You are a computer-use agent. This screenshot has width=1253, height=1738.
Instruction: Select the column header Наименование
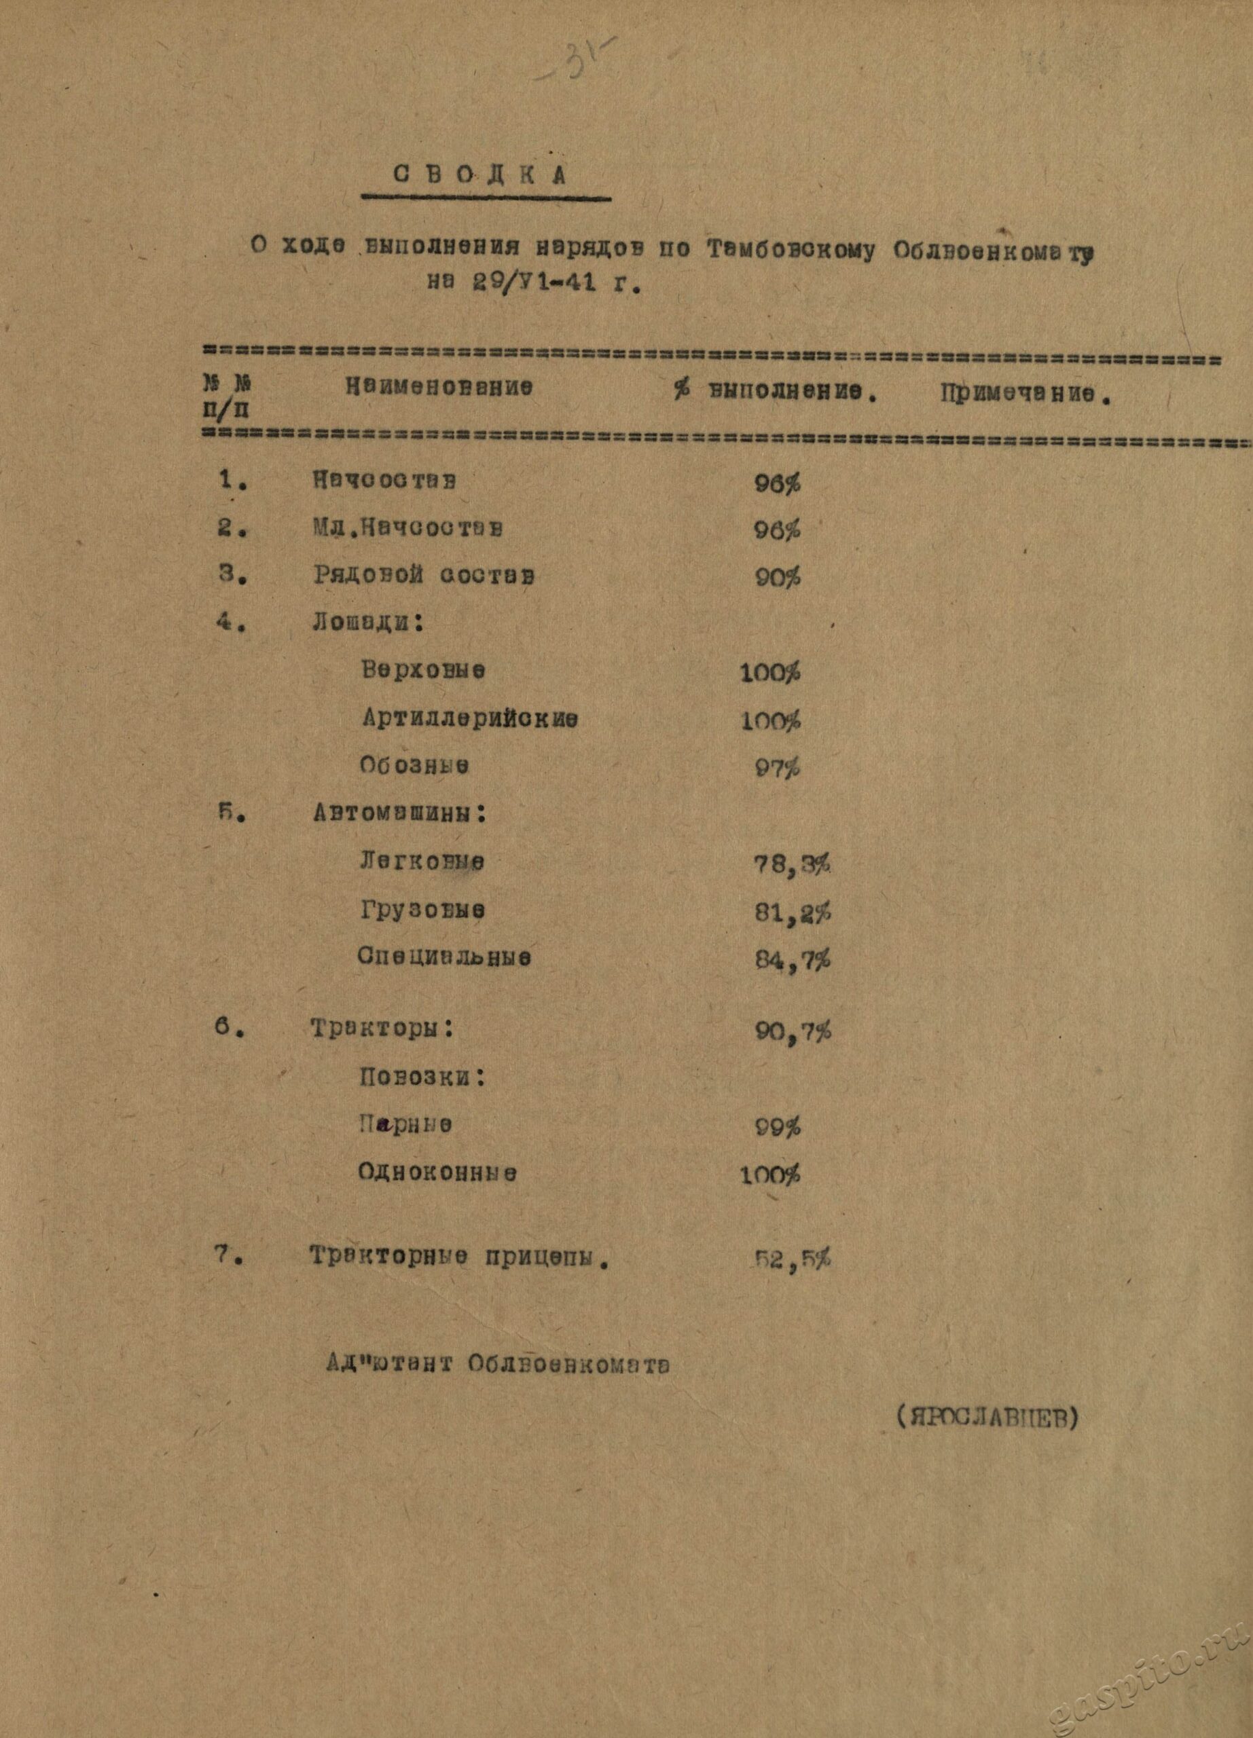[439, 388]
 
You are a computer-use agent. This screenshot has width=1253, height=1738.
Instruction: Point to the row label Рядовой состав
[423, 575]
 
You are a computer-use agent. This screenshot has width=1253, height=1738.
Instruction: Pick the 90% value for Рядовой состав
[777, 577]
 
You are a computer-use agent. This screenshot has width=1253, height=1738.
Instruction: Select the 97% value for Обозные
[777, 768]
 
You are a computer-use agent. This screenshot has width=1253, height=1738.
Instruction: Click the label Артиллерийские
[470, 719]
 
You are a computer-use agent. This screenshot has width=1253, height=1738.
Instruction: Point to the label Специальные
[444, 957]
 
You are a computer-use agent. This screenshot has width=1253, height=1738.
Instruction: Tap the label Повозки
[422, 1077]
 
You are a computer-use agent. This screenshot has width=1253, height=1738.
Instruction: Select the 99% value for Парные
[777, 1126]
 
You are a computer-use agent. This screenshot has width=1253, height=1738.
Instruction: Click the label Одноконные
[437, 1172]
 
